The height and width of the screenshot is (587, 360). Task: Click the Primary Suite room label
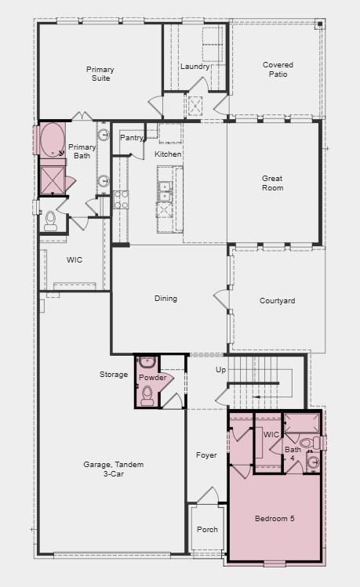(x=100, y=74)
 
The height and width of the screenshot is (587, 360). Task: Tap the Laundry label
(x=195, y=67)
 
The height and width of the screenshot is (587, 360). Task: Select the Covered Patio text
(x=275, y=70)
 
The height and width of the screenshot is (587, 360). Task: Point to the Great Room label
(x=272, y=183)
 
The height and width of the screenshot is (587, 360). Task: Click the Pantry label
(x=131, y=138)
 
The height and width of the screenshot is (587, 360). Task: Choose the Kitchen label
(x=168, y=154)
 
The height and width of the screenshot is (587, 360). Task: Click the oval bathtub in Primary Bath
(x=53, y=140)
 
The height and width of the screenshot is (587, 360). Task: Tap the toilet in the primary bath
(x=51, y=220)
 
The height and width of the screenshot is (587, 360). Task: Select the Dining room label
(x=165, y=298)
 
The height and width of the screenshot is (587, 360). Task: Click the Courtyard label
(x=277, y=301)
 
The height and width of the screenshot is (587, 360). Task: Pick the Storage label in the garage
(x=114, y=375)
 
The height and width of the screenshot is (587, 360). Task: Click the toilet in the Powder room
(x=147, y=393)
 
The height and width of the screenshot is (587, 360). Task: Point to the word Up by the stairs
(x=220, y=370)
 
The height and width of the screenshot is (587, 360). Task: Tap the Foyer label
(x=206, y=455)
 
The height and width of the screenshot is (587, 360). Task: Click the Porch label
(x=207, y=529)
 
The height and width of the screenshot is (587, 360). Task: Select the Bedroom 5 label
(x=275, y=519)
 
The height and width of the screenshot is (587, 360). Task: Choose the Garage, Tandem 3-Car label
(x=114, y=469)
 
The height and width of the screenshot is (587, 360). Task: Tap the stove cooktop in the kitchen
(x=121, y=199)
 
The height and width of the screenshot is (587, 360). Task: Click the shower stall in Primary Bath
(x=53, y=179)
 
